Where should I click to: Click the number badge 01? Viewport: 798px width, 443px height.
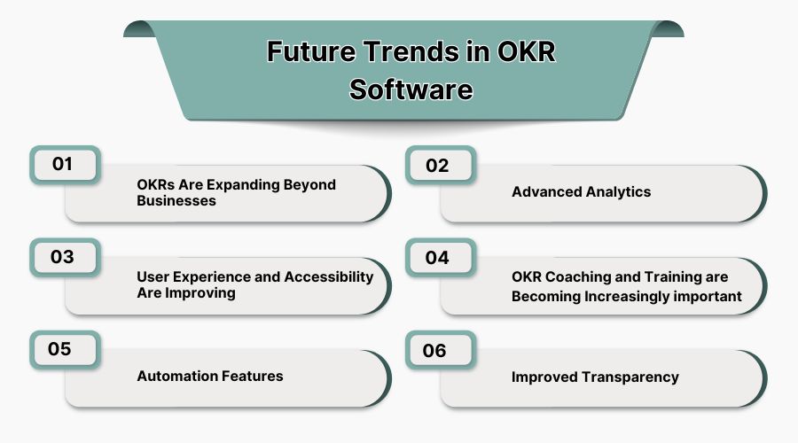(65, 165)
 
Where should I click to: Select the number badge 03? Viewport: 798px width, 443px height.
(65, 258)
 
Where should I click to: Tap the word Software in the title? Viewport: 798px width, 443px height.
(411, 89)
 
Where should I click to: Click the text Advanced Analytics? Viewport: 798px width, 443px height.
(581, 192)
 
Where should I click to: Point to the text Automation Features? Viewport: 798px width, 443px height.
(210, 377)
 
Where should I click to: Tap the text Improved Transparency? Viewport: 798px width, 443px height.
(595, 377)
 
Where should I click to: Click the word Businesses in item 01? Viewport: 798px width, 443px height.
(176, 201)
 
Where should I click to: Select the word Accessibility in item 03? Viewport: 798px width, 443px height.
(328, 276)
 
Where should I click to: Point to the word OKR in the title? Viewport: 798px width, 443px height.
(524, 52)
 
